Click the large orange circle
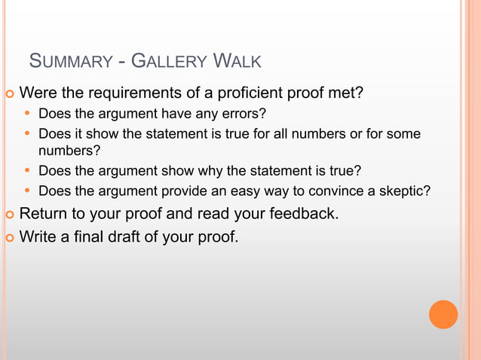(x=443, y=314)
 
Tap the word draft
(x=125, y=238)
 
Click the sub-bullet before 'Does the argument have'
(x=28, y=114)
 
